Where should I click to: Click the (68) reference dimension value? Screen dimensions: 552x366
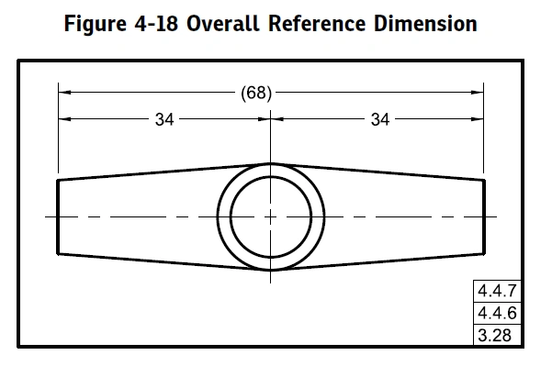coord(256,94)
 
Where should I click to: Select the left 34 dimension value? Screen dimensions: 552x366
coord(164,119)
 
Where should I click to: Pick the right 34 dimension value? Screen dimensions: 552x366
coord(380,119)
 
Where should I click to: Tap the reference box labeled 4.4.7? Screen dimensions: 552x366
coord(497,291)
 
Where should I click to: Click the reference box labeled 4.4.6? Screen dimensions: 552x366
coord(497,313)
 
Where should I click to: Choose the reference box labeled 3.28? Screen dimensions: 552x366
coord(497,335)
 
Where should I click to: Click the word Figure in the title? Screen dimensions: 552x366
coord(95,24)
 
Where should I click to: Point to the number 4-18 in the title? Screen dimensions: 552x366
coord(156,24)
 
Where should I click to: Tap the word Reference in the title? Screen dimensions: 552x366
coord(317,24)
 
